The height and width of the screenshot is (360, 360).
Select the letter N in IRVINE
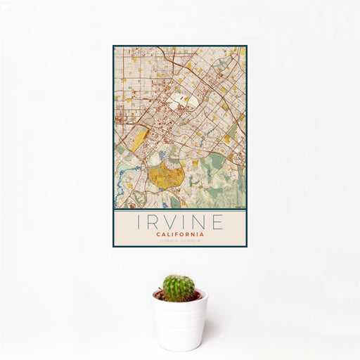tap(202, 223)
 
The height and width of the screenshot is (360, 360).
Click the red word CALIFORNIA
tap(180, 234)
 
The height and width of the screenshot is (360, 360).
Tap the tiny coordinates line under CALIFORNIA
tap(180, 240)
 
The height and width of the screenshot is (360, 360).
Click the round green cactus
tap(179, 288)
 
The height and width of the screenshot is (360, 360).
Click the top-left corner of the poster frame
tap(113, 46)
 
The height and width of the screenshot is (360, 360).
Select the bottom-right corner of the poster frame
tap(246, 246)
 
